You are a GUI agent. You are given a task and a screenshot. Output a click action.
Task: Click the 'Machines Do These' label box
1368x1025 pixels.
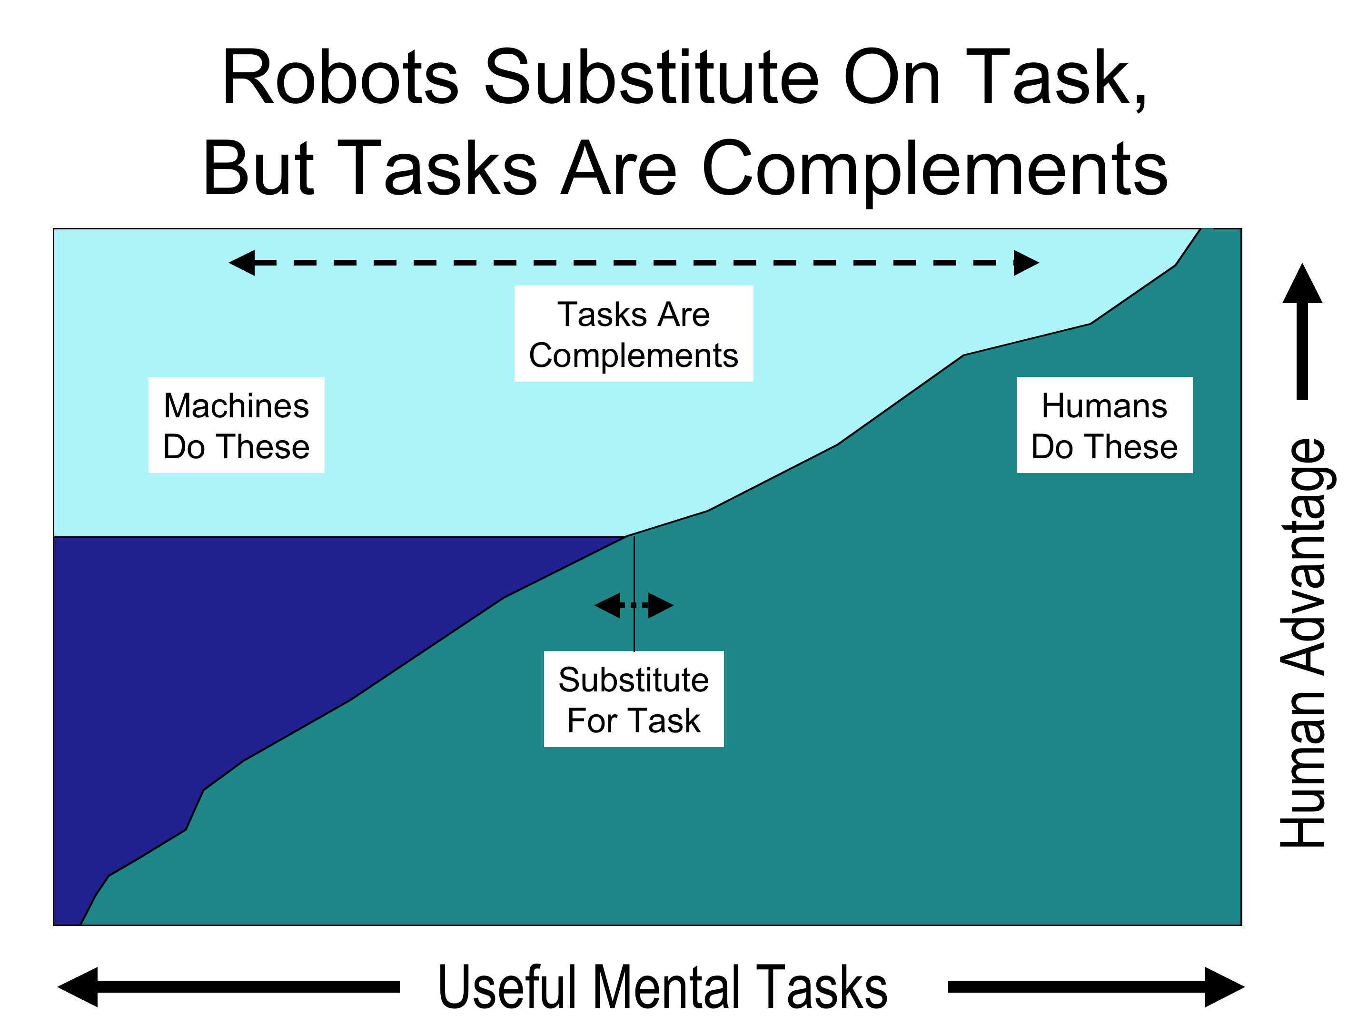click(x=236, y=425)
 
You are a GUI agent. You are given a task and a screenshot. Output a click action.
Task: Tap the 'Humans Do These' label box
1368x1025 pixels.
click(x=1105, y=425)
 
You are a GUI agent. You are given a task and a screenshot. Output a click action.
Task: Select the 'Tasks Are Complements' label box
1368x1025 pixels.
click(x=634, y=334)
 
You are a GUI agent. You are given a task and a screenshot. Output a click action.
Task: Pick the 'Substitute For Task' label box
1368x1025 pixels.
click(x=634, y=699)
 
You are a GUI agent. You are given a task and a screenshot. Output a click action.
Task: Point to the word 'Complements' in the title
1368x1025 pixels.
click(x=935, y=169)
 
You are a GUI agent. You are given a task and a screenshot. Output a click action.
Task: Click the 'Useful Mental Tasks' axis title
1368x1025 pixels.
click(x=663, y=987)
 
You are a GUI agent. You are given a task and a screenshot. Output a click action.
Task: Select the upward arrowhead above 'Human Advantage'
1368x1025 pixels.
click(x=1302, y=285)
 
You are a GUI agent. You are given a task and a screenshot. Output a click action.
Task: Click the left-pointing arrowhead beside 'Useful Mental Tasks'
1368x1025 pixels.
click(x=78, y=987)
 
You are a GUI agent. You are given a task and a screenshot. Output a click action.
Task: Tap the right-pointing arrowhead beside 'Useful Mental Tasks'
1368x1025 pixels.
click(x=1225, y=987)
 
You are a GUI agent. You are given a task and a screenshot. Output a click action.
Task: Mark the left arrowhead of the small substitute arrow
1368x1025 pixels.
click(x=607, y=605)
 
